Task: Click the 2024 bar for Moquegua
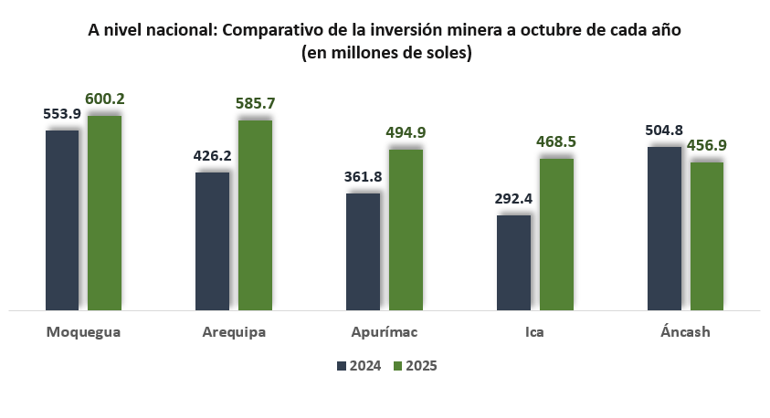pos(62,219)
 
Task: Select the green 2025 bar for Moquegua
pos(104,212)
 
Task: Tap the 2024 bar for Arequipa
pos(212,240)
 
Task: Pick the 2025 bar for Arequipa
pos(255,214)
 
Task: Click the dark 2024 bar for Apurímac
pos(363,251)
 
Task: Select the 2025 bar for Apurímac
pos(406,229)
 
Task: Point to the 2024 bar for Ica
pos(513,262)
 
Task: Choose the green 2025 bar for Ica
pos(556,234)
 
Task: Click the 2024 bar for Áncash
pos(664,228)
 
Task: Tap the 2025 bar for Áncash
pos(706,235)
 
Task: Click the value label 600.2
pos(105,99)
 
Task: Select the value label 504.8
pos(664,130)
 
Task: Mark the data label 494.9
pos(406,132)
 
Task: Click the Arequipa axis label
pos(234,331)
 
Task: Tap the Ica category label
pos(534,331)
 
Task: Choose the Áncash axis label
pos(685,331)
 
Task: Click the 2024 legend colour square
pos(342,366)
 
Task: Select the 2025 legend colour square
pos(397,366)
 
